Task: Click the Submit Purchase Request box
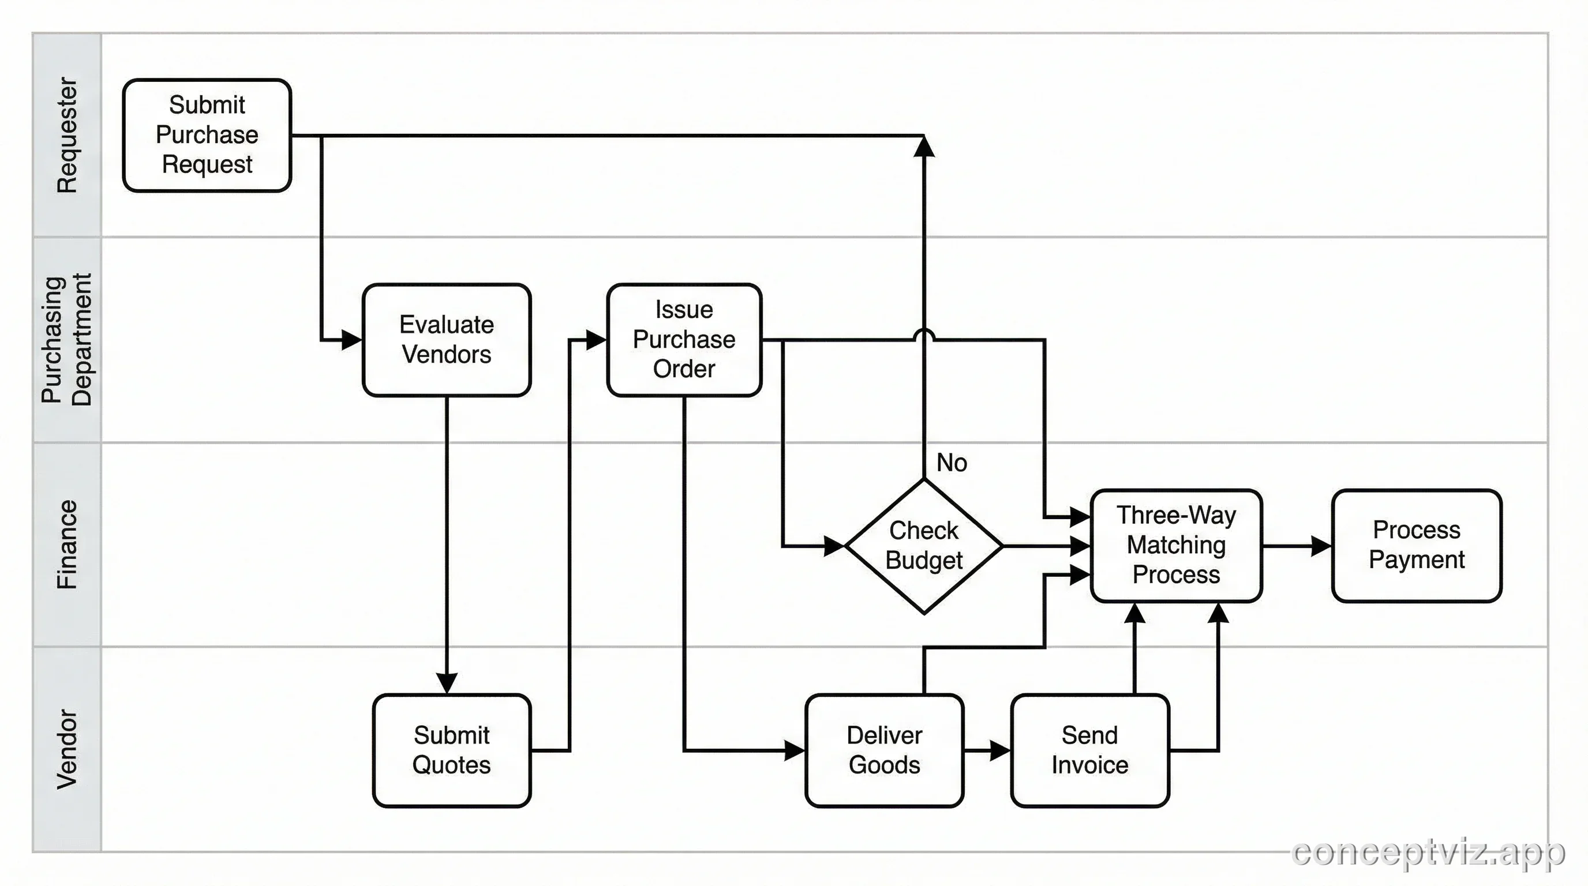[x=207, y=135]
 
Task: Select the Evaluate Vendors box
[x=446, y=340]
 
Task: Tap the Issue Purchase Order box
[x=684, y=340]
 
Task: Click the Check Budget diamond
[x=923, y=546]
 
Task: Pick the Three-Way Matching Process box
[x=1175, y=545]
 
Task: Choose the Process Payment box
[x=1416, y=545]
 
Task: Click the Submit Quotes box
[x=451, y=750]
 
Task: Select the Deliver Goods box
[x=884, y=750]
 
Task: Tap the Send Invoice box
[x=1089, y=750]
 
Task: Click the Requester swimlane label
[x=66, y=135]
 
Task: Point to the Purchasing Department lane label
[x=66, y=340]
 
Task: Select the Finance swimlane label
[x=66, y=545]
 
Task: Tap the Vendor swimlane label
[x=66, y=749]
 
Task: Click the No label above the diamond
[x=951, y=463]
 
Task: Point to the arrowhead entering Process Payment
[x=1321, y=546]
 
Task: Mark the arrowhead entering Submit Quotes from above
[x=446, y=684]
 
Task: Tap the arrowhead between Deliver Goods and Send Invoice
[x=1000, y=750]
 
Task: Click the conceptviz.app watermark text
[x=1428, y=853]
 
